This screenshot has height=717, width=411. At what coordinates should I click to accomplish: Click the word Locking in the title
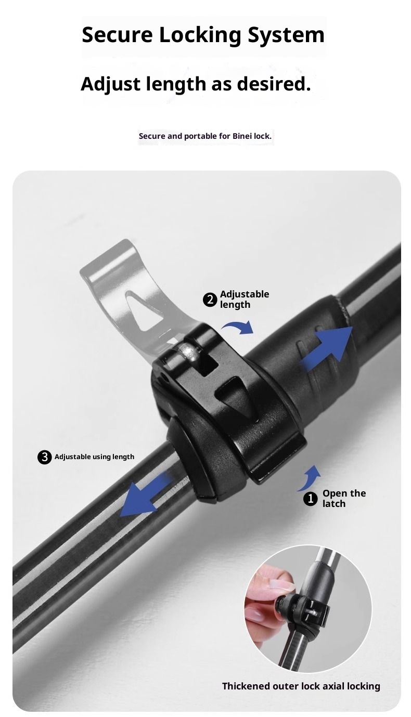(x=200, y=35)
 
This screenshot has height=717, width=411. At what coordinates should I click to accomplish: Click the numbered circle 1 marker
(x=311, y=499)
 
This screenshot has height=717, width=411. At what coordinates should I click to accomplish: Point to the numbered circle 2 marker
(x=210, y=300)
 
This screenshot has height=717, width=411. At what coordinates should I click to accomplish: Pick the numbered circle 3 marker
(x=45, y=457)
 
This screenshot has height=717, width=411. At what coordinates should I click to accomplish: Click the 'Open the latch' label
(x=344, y=498)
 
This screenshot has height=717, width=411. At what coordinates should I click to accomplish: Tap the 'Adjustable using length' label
(x=94, y=457)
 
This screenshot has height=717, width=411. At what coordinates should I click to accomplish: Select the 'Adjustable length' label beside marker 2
(x=244, y=299)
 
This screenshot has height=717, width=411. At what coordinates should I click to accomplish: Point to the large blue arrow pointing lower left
(x=145, y=497)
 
